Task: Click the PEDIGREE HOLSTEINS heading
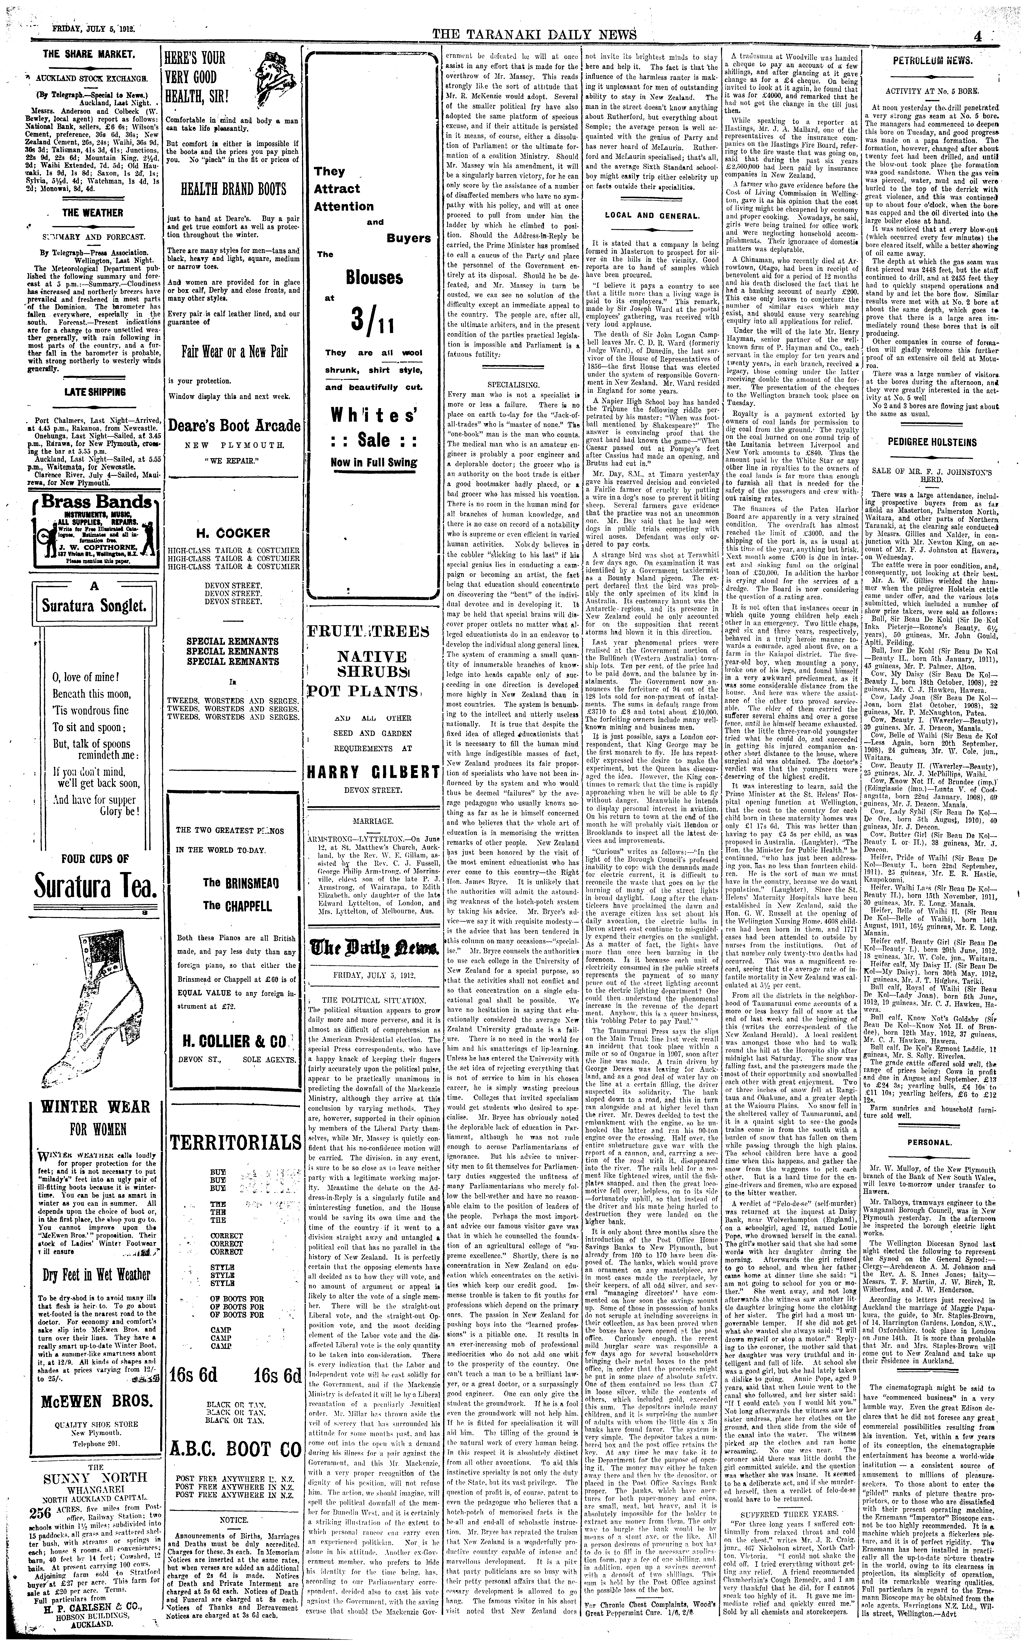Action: pos(941,442)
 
